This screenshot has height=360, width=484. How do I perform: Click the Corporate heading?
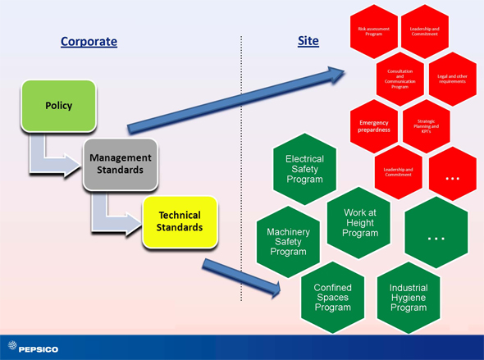click(89, 40)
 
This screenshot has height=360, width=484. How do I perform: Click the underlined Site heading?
click(308, 40)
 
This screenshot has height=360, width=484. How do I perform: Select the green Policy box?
click(58, 106)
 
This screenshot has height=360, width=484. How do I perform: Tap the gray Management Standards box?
click(121, 163)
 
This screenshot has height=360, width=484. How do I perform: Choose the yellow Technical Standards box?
click(180, 221)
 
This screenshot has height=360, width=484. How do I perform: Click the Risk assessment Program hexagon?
click(373, 32)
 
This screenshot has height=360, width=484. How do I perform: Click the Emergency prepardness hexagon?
click(373, 125)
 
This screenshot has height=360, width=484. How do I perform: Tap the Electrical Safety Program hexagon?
click(304, 169)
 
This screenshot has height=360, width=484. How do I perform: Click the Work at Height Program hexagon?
click(359, 222)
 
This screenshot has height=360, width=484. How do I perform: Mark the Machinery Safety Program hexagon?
click(288, 242)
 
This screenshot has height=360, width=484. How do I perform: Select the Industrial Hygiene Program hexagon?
click(408, 297)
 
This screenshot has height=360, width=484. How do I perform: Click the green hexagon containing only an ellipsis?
click(436, 236)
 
